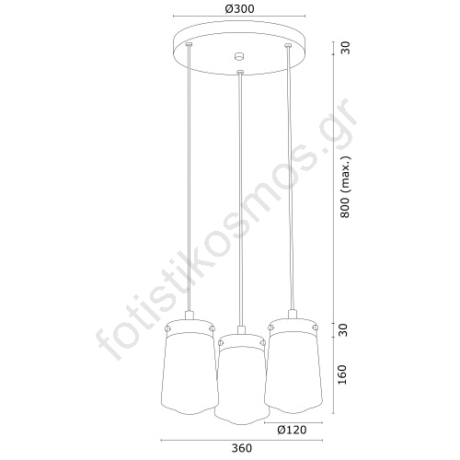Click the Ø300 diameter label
click(239, 9)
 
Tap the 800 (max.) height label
click(345, 188)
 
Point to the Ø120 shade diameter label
click(292, 430)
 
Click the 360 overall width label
click(242, 448)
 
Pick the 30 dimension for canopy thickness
click(345, 48)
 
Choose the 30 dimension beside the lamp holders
click(344, 330)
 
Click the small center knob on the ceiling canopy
click(239, 56)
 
